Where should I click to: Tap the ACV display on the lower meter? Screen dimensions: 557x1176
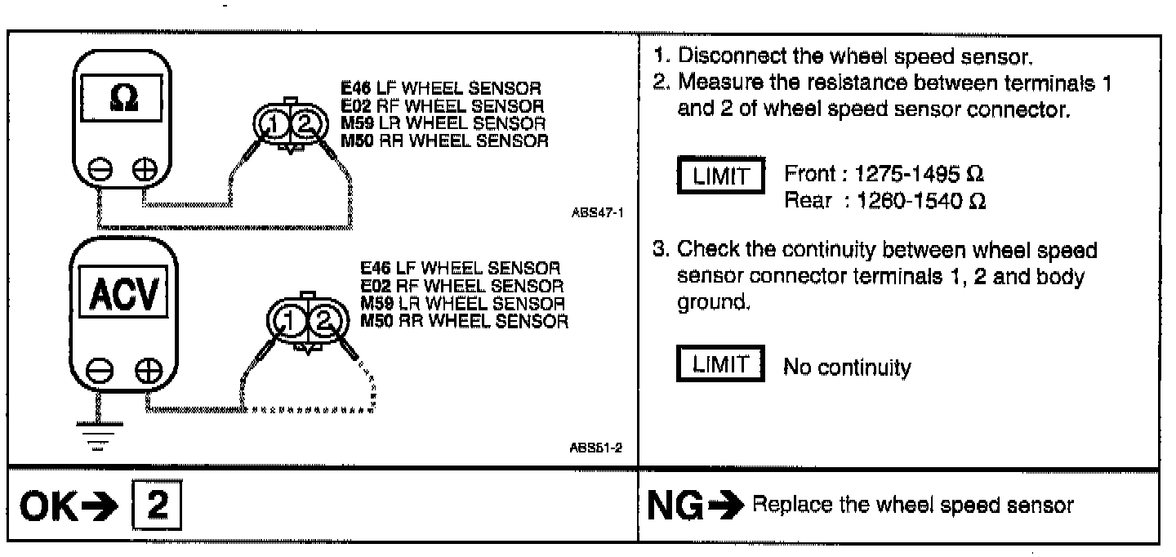pyautogui.click(x=122, y=292)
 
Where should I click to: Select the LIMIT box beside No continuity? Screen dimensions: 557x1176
pyautogui.click(x=720, y=365)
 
